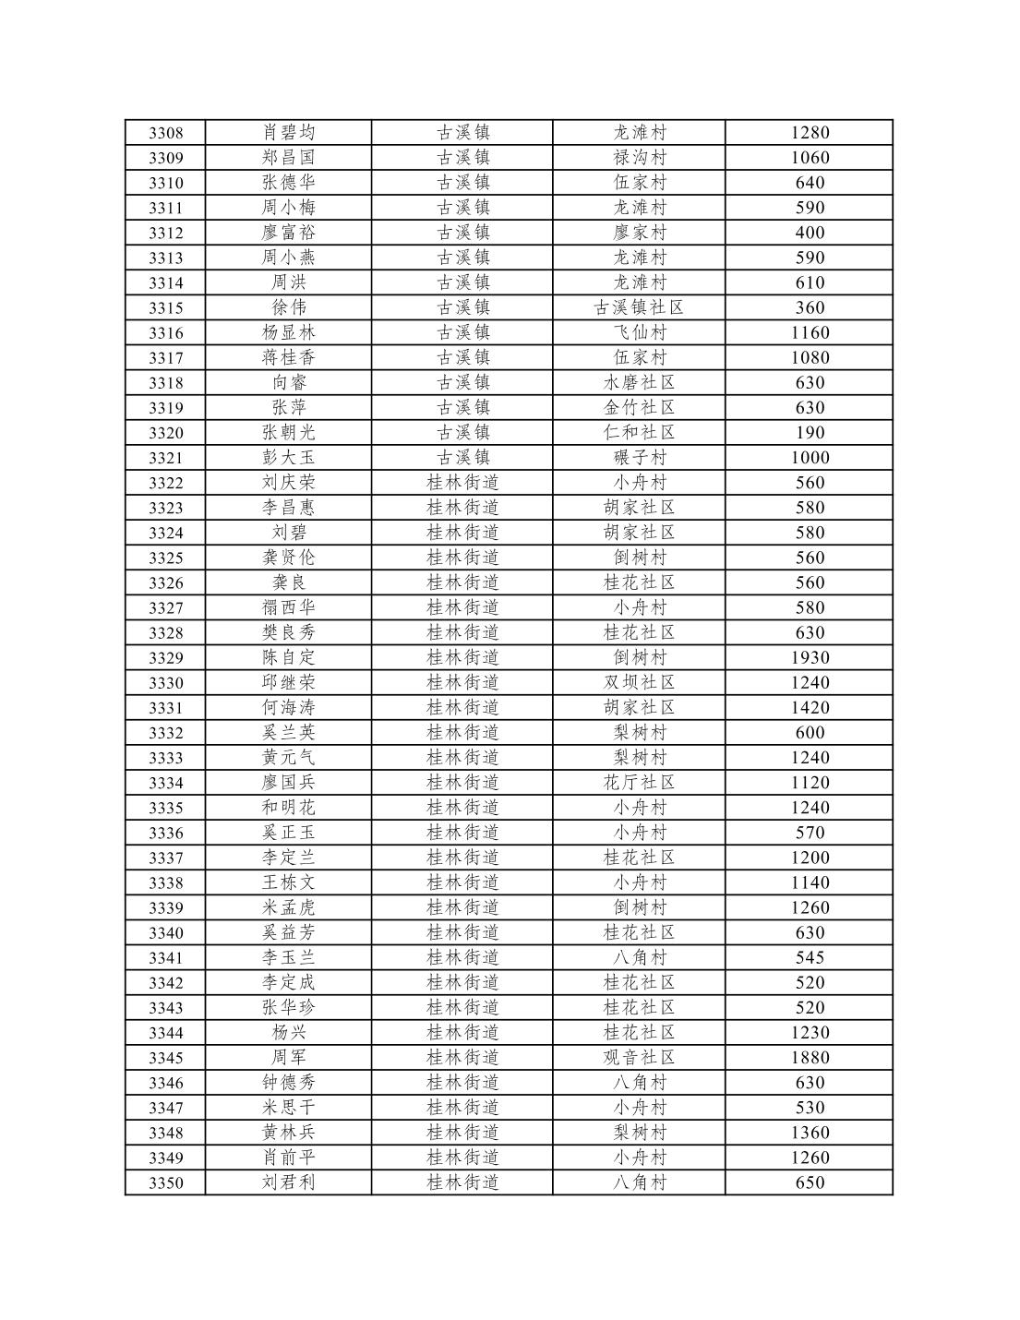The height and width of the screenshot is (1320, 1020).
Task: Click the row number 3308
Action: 166,133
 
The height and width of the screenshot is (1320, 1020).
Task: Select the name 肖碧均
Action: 288,133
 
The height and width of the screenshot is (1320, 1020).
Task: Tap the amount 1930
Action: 810,658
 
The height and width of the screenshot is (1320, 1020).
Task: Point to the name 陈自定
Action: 288,658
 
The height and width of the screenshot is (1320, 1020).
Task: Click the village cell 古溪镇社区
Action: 639,308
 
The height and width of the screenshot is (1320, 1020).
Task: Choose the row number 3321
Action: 166,458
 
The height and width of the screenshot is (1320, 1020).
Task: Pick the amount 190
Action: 810,433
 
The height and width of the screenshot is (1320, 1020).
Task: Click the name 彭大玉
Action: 288,458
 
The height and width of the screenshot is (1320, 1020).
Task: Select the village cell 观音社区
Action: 639,1058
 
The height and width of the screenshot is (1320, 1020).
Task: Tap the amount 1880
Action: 810,1058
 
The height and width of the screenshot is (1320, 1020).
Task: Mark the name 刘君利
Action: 288,1182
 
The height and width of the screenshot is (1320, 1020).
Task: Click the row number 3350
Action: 166,1182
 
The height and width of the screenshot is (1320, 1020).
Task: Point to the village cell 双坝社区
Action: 639,683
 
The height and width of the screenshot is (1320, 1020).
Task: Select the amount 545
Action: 810,958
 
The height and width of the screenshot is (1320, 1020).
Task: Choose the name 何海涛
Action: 288,708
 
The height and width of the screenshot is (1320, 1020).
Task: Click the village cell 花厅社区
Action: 639,783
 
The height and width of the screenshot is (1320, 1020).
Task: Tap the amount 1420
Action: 810,708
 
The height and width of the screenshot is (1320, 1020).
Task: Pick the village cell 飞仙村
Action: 639,333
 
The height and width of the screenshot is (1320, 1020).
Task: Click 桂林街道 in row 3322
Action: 462,483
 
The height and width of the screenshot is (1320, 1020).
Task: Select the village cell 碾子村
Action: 639,458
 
